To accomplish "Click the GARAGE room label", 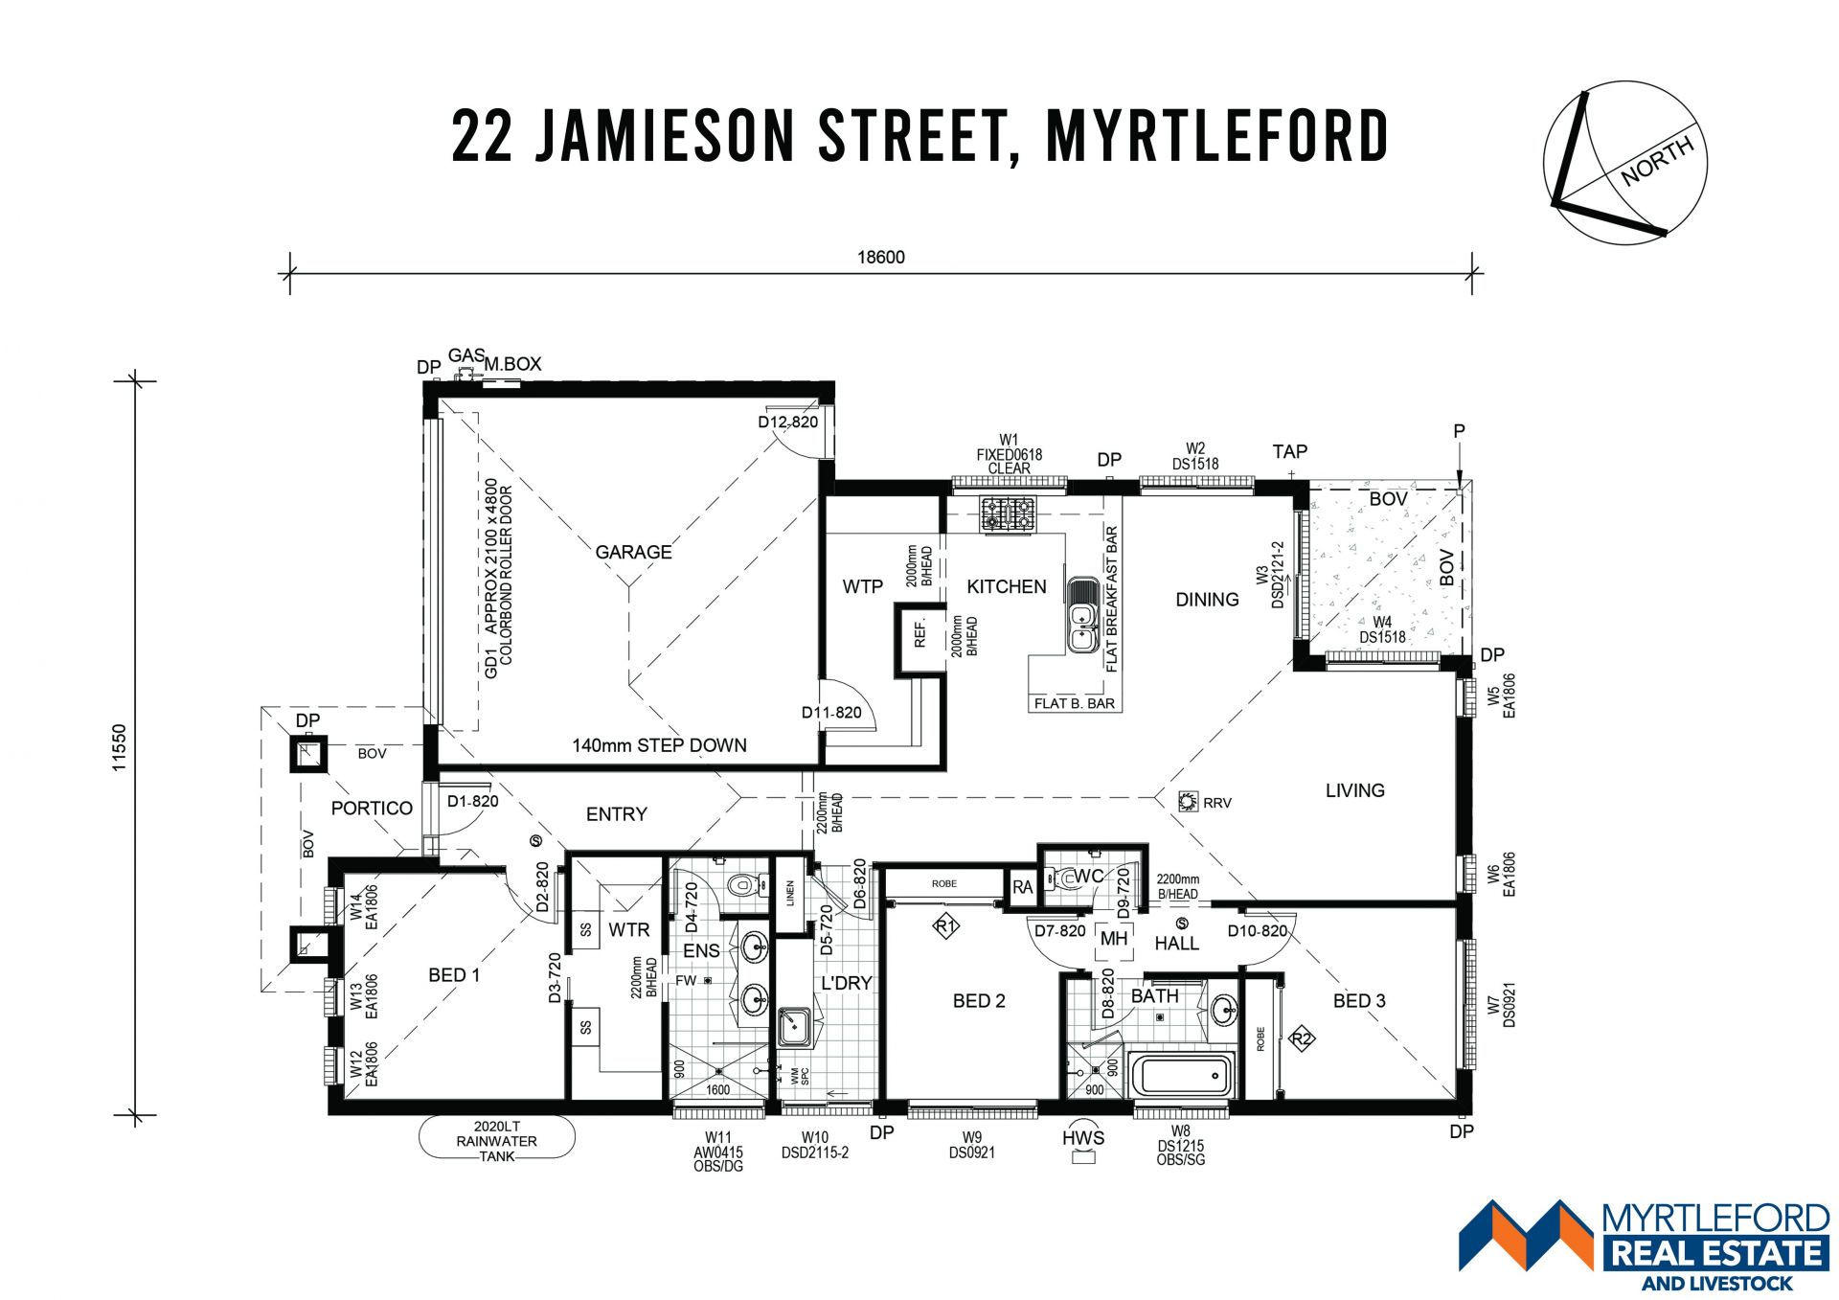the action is pos(633,552).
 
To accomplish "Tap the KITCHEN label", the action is pos(1006,586).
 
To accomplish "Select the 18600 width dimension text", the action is pos(880,257).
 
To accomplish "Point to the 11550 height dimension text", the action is pos(119,747).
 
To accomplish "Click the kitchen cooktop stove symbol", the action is pos(1007,513).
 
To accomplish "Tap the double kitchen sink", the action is pos(1082,614).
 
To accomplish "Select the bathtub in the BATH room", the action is pos(1181,1075).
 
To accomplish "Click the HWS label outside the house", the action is pos(1083,1137).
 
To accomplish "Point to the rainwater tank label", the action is pos(496,1141).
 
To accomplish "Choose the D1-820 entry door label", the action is pos(473,801).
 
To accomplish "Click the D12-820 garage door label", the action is pos(788,422).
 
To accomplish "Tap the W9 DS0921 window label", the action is pos(972,1146).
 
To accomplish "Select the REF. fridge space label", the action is pos(919,632).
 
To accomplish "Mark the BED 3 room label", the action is pos(1359,1000).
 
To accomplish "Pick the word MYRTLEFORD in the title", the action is pos(1217,136).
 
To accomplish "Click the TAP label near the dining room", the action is pos(1290,451).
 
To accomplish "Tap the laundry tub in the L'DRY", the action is pos(794,1026).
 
